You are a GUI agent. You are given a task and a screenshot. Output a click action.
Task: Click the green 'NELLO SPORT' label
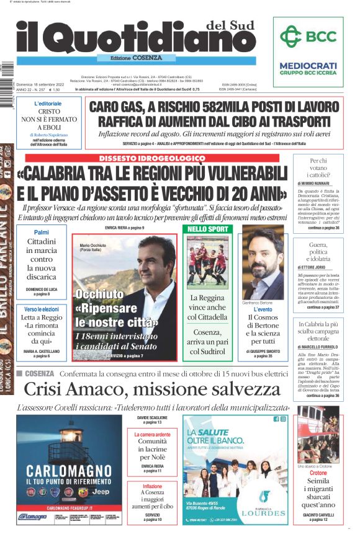[207, 229]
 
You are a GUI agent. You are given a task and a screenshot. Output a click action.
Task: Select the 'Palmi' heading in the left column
[42, 232]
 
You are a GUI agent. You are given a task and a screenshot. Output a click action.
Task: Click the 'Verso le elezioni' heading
[42, 309]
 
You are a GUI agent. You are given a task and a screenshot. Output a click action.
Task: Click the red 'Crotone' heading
[318, 473]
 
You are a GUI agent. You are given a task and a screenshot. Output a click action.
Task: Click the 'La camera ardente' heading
[152, 435]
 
